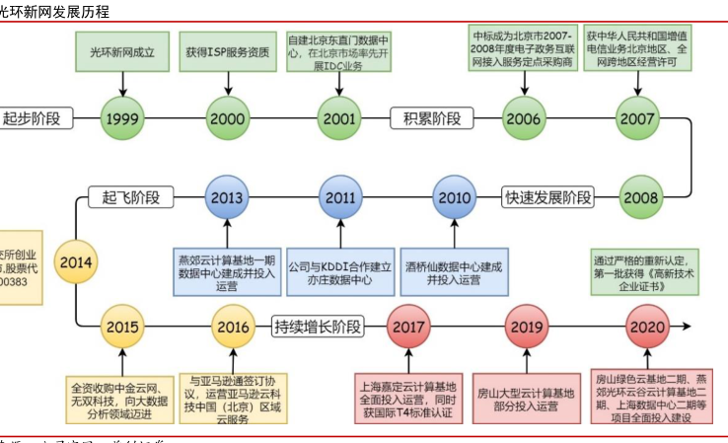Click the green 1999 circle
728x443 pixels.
tap(124, 119)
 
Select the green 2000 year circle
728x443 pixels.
tap(227, 119)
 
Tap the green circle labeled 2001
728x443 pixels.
tap(339, 119)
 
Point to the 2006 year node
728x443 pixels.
tap(525, 119)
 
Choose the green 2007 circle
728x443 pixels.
tap(637, 119)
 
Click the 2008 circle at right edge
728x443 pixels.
tap(641, 196)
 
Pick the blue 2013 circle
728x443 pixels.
tap(227, 197)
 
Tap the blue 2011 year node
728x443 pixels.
tap(340, 197)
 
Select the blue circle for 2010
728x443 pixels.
tap(455, 197)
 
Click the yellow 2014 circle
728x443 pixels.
tap(76, 262)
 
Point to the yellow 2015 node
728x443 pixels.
tap(124, 326)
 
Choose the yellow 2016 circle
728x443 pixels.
tap(233, 326)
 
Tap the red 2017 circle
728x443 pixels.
tap(410, 326)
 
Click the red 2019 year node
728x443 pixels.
tap(527, 326)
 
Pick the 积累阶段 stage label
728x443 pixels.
tap(432, 119)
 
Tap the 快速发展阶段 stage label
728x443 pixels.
tap(548, 196)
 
